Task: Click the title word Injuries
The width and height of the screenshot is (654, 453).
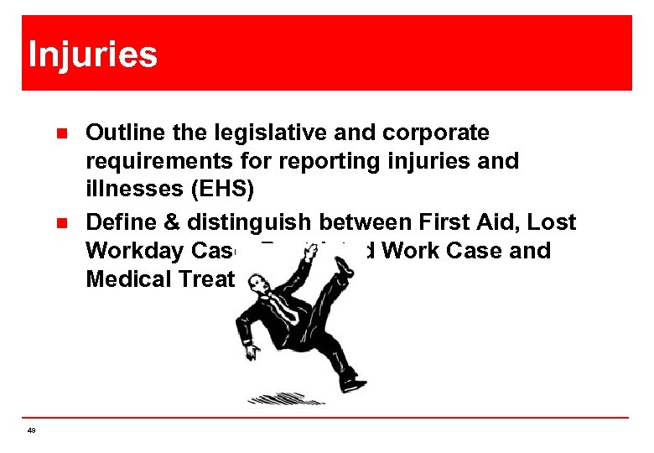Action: (92, 55)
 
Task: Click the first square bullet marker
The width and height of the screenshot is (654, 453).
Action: (60, 133)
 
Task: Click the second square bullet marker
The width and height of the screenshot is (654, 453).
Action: (60, 223)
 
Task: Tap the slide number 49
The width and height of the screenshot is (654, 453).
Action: (31, 430)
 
